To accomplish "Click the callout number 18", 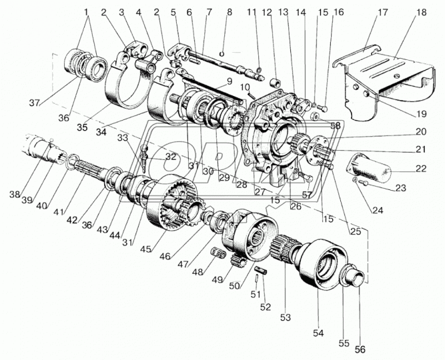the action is point(422,13).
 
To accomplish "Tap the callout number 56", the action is point(360,349).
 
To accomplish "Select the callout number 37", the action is point(35,103).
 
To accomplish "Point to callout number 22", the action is point(421,169).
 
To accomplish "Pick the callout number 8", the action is point(230,12).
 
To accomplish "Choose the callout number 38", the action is point(15,195).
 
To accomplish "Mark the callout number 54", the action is point(318,333).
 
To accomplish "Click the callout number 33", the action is point(123,138).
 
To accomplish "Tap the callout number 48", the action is point(197,273).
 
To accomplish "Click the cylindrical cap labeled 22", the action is point(368,169).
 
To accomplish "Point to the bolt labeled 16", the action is point(324,109).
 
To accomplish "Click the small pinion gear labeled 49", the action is point(238,261).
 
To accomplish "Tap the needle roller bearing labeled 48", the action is point(219,253).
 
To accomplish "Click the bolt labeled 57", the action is point(304,177).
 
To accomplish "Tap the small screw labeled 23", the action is point(363,183).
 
